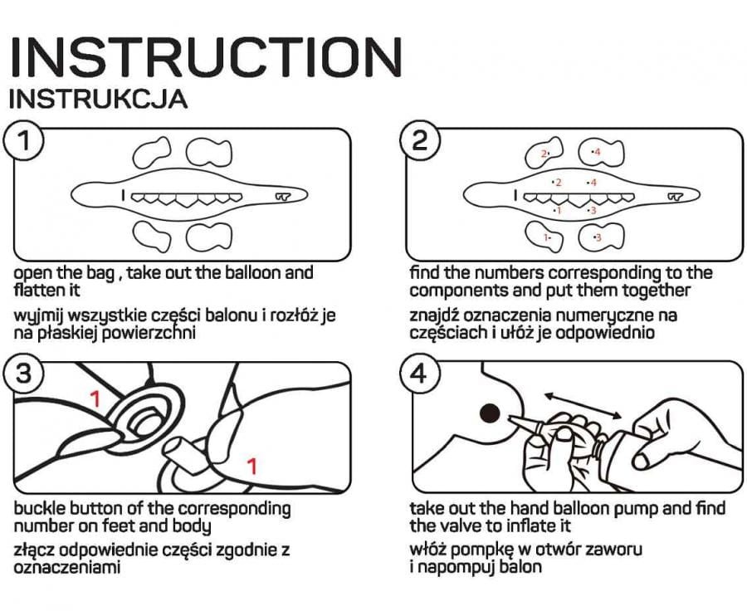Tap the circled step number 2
(x=419, y=142)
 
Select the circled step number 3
(x=26, y=374)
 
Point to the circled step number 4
(x=419, y=374)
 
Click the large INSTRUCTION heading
(x=206, y=57)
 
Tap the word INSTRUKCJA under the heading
(x=98, y=99)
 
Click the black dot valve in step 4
(x=488, y=412)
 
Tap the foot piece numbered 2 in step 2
(x=544, y=153)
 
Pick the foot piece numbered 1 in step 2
(x=546, y=237)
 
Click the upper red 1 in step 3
(x=95, y=399)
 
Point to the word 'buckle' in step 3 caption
(x=39, y=508)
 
